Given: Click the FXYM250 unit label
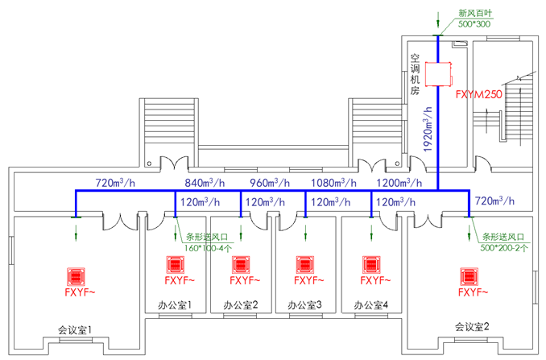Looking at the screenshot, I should tap(479, 95).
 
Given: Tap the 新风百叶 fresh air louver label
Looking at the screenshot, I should tap(476, 13).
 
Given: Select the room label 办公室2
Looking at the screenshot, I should tap(240, 305).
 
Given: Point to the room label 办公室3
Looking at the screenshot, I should tap(305, 305).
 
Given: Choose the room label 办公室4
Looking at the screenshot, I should tap(371, 305).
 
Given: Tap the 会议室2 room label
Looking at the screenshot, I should tap(471, 326).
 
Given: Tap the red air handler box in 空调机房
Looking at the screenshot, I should tap(438, 73).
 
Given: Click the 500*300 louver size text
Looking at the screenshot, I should tap(474, 25).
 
